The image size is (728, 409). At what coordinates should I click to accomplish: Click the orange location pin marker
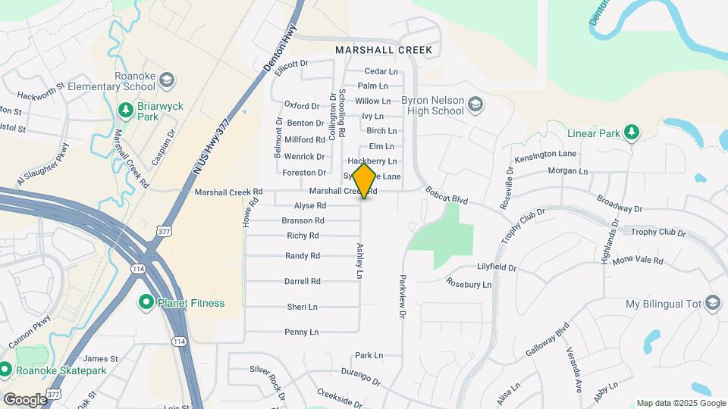tap(364, 180)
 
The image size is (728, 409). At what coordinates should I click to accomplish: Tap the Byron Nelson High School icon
tap(475, 104)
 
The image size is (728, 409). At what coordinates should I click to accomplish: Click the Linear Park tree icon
tap(631, 133)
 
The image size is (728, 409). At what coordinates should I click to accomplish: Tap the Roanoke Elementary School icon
tap(167, 80)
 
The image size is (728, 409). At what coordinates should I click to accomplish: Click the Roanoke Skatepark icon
tap(5, 370)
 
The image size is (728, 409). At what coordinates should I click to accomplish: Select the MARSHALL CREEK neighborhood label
tap(384, 50)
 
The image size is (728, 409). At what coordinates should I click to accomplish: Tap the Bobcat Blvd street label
tap(447, 197)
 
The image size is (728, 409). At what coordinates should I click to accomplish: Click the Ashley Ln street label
tap(360, 260)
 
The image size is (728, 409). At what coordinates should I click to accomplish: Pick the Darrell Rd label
tap(302, 281)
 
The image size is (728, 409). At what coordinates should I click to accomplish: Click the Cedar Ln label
tap(381, 71)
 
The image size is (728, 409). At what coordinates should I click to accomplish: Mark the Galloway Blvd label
tap(547, 342)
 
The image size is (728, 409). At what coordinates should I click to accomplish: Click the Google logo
tap(24, 399)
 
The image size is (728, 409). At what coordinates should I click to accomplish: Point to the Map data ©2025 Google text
tap(680, 403)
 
